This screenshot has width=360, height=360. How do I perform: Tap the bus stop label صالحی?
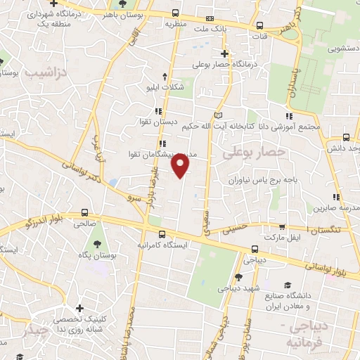click(x=84, y=222)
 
